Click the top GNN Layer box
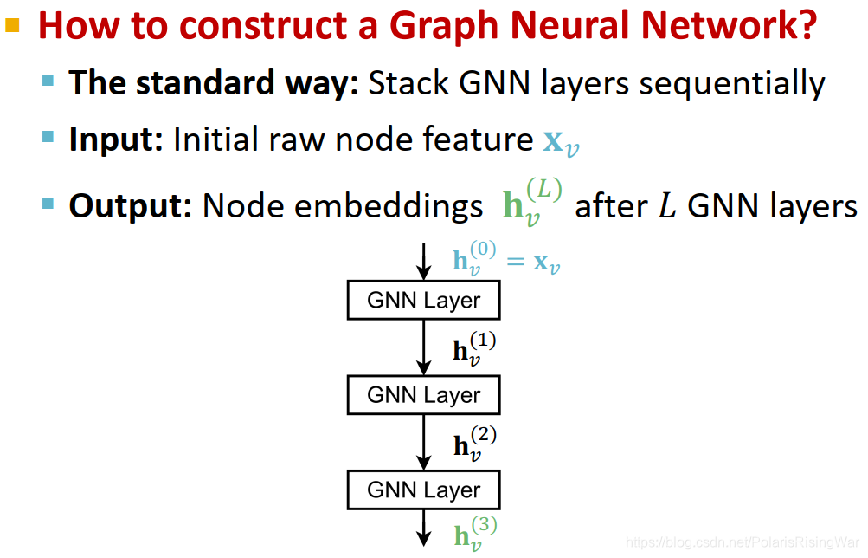423,302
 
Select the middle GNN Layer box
423,396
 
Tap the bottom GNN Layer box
423,490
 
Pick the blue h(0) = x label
505,260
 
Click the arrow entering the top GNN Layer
423,262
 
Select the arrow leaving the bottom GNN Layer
423,528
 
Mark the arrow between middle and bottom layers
423,443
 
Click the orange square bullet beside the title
12,26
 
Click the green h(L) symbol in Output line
530,204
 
